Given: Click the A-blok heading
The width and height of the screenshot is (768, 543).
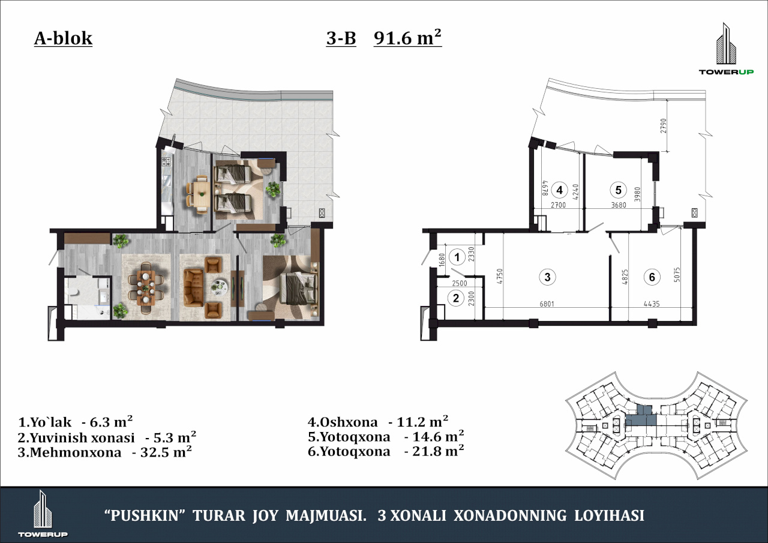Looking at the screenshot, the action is point(63,38).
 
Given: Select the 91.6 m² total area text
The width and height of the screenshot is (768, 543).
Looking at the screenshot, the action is point(407,37).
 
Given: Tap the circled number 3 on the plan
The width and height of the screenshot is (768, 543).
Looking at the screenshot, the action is point(547,277).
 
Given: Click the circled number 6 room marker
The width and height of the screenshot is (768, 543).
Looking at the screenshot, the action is point(652,277).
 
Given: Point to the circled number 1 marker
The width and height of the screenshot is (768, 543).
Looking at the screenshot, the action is point(457,257).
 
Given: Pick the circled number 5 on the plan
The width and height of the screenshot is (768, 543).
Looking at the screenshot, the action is point(618,190).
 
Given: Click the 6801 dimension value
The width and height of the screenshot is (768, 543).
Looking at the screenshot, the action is point(547,304).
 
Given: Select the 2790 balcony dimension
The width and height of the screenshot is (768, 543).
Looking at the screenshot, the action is point(664,126).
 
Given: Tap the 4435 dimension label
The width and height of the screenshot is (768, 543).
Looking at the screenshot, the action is point(652,304).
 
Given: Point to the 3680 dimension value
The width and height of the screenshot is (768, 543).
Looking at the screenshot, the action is point(619,205).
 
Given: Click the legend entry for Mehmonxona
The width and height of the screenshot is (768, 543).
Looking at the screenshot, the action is point(104,452).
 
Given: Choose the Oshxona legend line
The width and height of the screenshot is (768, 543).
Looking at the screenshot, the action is point(378,422).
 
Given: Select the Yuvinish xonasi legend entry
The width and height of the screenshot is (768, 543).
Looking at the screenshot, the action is point(107,437).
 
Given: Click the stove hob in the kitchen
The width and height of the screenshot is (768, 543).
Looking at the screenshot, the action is point(166,161).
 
